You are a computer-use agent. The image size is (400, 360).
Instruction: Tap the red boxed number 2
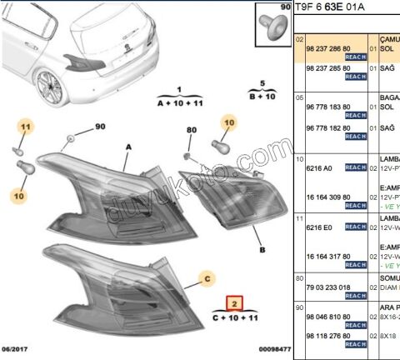[x=236, y=304]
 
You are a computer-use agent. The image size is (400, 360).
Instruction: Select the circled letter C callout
[x=207, y=279]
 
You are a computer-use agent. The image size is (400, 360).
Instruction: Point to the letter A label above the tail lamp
[x=128, y=145]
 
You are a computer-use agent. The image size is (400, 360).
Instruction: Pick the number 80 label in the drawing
[x=191, y=131]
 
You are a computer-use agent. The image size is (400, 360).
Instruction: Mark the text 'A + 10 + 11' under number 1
[x=179, y=102]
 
